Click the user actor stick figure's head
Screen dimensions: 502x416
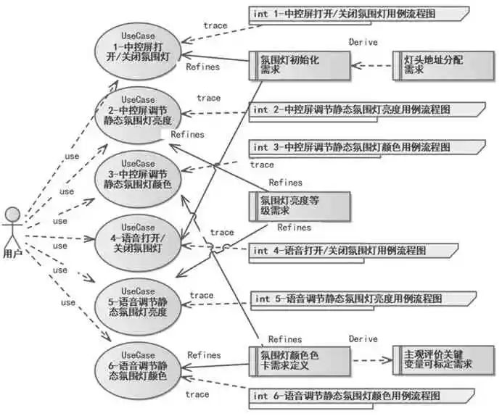coord(13,215)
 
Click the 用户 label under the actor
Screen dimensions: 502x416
coord(13,254)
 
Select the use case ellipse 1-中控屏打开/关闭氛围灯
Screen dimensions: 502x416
coord(138,51)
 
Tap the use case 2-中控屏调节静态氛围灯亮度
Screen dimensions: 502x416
coord(138,115)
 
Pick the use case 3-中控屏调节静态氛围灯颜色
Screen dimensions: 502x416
coord(138,179)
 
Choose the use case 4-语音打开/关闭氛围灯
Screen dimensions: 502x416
coord(138,243)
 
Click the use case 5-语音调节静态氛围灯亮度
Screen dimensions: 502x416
coord(138,307)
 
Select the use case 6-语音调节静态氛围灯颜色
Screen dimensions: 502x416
coord(138,370)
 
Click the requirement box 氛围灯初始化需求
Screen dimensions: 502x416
coord(300,65)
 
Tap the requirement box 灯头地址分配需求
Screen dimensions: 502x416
coord(443,65)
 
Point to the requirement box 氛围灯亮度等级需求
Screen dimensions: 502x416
coord(300,207)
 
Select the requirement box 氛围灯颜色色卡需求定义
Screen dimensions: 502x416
coord(300,361)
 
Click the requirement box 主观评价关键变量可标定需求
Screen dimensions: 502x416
coord(443,360)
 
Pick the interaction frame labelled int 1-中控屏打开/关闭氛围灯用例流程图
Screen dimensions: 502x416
coord(359,15)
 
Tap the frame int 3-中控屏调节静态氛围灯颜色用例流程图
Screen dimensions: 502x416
coord(367,149)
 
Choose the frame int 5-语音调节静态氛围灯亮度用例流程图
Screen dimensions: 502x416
coord(363,301)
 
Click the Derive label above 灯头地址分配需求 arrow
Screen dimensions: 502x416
coord(363,42)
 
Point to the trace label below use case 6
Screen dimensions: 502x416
coord(197,394)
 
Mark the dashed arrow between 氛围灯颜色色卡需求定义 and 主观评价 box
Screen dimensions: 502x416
coord(371,360)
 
